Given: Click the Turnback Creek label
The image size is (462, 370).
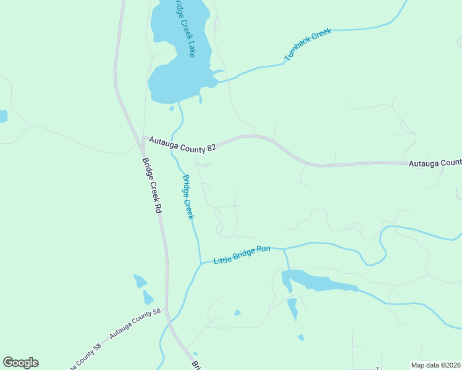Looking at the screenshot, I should point(308,44).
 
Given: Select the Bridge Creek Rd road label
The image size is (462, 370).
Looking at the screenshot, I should point(151,186).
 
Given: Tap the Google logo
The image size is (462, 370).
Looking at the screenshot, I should point(20,363).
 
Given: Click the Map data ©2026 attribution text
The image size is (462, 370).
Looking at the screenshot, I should point(435,365).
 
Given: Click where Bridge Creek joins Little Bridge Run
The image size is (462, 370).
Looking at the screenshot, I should point(201,263).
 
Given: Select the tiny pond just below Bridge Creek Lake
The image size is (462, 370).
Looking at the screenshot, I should point(172,109).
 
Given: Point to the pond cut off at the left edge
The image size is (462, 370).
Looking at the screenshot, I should point(2,116).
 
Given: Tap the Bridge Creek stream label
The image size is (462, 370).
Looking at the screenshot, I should point(188,197).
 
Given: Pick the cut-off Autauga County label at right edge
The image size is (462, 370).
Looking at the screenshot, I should point(435,163).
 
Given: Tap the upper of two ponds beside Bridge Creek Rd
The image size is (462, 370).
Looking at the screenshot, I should point(140,282).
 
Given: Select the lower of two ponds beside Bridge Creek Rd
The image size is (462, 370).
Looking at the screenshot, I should point(148,298).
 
